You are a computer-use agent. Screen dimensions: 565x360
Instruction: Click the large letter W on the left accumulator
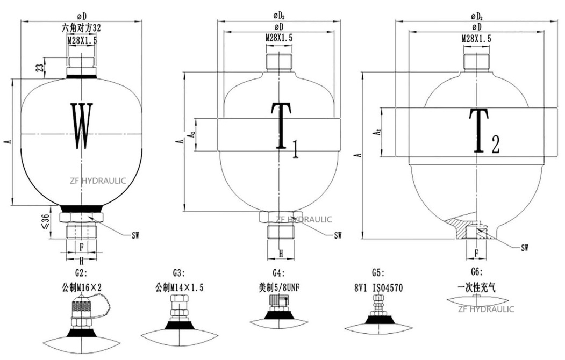(x=82, y=126)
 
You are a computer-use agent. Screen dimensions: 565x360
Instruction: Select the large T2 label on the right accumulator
(x=484, y=131)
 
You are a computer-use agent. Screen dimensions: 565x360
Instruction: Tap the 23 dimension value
(x=41, y=67)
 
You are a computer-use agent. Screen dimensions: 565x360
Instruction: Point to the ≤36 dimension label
(x=45, y=222)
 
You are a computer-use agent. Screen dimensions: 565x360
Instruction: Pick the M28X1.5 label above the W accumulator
(x=82, y=40)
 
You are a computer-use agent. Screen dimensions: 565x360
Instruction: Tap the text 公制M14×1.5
(x=179, y=287)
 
